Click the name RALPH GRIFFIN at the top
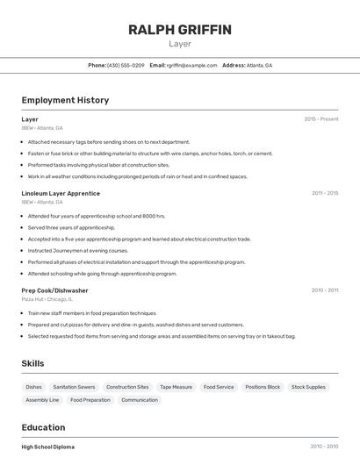coord(180,30)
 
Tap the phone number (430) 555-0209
coord(126,65)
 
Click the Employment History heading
coord(65,100)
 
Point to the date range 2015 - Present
coord(321,118)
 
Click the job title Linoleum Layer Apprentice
coord(61,193)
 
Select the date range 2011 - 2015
coord(325,193)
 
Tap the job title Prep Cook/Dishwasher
coord(54,290)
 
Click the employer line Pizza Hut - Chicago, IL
coord(47,299)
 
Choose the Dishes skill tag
coord(34,387)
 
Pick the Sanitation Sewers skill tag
coord(74,387)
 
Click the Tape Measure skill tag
coord(176,387)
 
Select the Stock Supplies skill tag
coord(308,387)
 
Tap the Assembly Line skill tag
coord(42,400)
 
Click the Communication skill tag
coord(140,400)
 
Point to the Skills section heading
coord(32,363)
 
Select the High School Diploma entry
coord(48,447)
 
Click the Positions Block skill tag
coord(263,387)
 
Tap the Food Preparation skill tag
coord(90,400)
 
